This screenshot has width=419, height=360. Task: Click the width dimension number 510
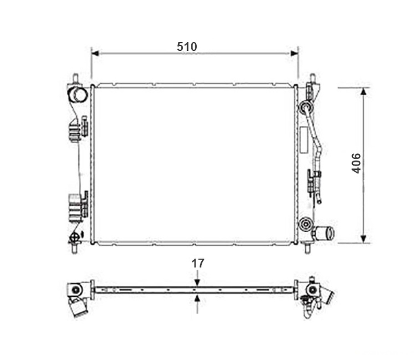[x=187, y=47]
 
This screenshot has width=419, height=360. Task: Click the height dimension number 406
[x=356, y=163]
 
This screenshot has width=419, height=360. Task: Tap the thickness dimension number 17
[x=198, y=263]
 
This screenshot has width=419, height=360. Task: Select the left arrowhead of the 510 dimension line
[x=95, y=53]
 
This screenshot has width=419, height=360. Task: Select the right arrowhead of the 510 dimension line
[x=294, y=53]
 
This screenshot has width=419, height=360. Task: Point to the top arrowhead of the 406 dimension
[x=363, y=92]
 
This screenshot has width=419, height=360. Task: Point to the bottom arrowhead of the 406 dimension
[x=363, y=239]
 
